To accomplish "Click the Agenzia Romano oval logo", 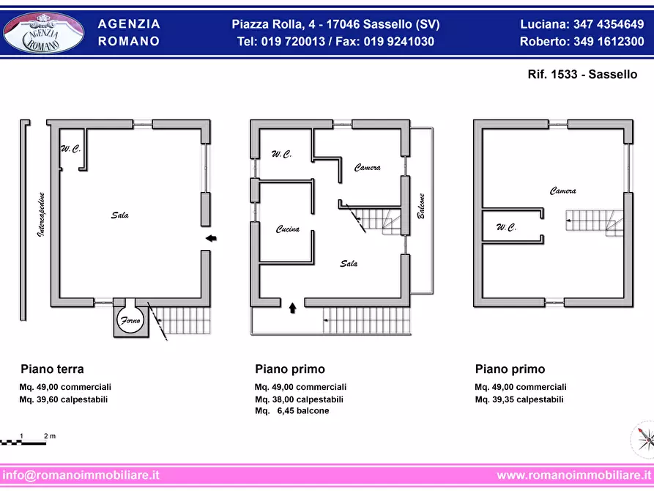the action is pos(43,33).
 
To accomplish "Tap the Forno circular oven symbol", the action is pos(130,320).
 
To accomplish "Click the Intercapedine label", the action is pos(41,215).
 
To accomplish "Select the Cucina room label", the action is pos(287,229).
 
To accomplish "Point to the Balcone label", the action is pos(421,206).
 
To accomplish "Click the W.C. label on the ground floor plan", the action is pos(70,149).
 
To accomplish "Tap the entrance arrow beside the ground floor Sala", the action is pos(211,238).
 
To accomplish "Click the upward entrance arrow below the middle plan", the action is pos(292,308).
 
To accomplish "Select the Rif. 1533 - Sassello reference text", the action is pos(582,74).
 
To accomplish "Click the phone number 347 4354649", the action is pos(609,24).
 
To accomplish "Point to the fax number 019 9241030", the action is pos(398,41).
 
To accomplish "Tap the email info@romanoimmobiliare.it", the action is pos(81,475).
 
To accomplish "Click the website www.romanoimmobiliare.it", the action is pos(574,475).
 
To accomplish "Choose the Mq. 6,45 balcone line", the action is pos(292,411).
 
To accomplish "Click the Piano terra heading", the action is pos(52,369).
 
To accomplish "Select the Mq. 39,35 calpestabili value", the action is pos(519,399).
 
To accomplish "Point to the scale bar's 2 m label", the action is pos(50,436).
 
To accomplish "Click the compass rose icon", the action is pos(644,439).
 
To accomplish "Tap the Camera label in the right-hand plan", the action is pos(562,191).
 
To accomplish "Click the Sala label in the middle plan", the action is pos(349,263).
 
